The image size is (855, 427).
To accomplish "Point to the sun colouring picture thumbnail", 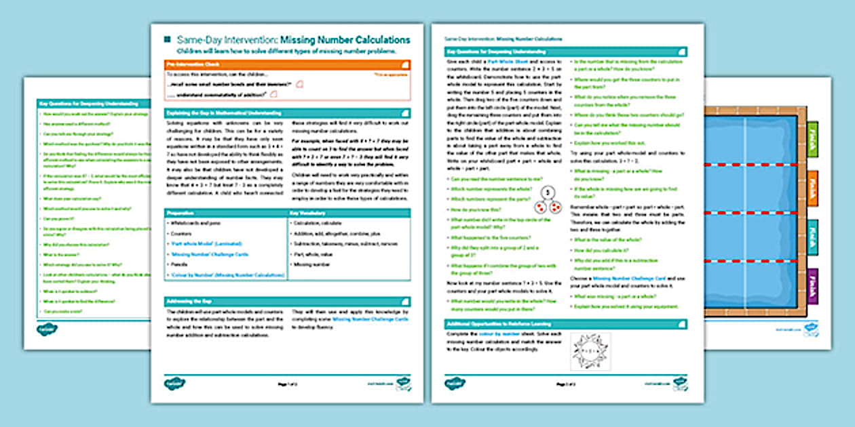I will (590, 351).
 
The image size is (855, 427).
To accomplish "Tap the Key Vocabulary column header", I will (349, 213).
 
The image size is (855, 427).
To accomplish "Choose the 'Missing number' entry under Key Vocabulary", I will (311, 264).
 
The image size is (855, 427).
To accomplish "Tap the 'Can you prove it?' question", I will (60, 220).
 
